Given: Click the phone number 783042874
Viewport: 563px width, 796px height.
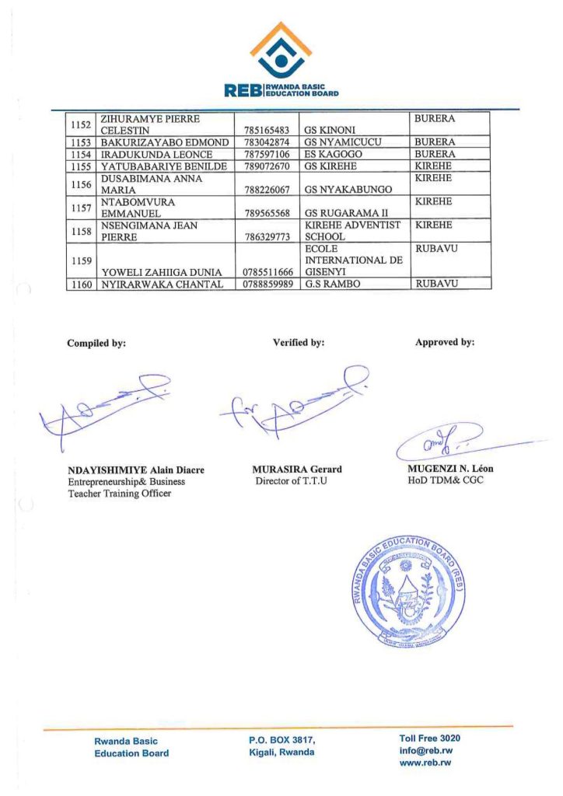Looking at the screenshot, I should [x=267, y=143].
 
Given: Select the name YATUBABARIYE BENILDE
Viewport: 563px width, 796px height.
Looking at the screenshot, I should [x=163, y=166].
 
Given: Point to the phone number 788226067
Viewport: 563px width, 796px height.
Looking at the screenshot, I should [x=267, y=190].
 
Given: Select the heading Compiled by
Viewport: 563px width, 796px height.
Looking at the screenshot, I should [x=96, y=342].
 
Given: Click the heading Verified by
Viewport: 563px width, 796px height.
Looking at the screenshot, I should [x=299, y=342].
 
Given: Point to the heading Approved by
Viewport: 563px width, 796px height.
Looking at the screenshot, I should [x=445, y=342].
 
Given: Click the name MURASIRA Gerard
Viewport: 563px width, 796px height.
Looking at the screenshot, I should [x=297, y=470].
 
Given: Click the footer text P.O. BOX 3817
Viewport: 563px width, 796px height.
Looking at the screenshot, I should [x=277, y=741].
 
